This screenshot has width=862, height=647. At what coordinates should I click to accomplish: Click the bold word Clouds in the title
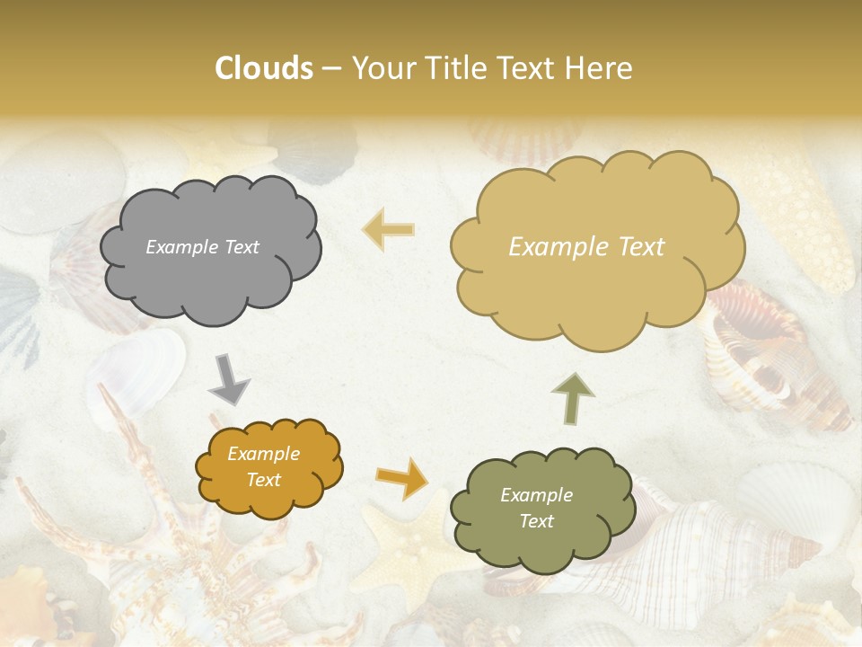263,68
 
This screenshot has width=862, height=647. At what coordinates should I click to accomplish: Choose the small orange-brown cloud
268,467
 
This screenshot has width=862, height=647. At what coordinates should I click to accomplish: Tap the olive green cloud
541,509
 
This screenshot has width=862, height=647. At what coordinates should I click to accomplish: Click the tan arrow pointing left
388,229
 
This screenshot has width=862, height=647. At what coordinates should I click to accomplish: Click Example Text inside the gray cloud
203,247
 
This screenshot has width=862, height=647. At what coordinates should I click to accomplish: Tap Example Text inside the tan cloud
586,247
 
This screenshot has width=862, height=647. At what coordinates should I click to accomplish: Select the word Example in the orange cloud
263,454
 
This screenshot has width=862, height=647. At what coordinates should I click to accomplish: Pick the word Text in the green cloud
537,521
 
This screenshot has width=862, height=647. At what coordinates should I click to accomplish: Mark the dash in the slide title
330,69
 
